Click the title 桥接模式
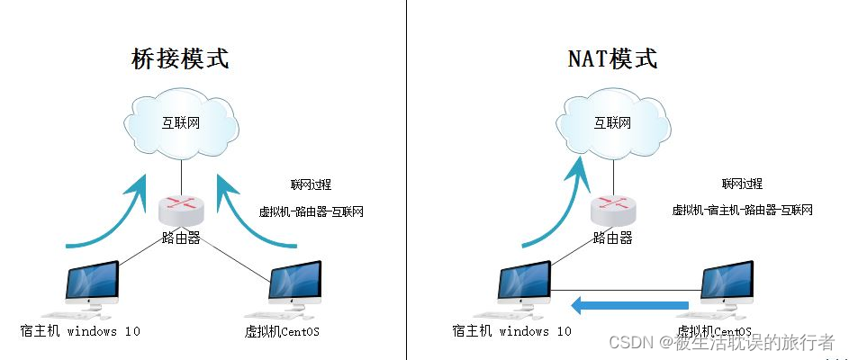181,59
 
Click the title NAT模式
612,59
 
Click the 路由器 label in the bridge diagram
181,238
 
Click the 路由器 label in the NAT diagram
613,238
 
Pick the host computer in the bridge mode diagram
92,285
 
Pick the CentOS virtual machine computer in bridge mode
295,285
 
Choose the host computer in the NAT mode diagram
524,285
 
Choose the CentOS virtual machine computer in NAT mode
727,285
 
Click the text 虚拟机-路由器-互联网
312,212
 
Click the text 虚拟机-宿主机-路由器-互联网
743,211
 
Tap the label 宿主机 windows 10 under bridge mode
81,331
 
